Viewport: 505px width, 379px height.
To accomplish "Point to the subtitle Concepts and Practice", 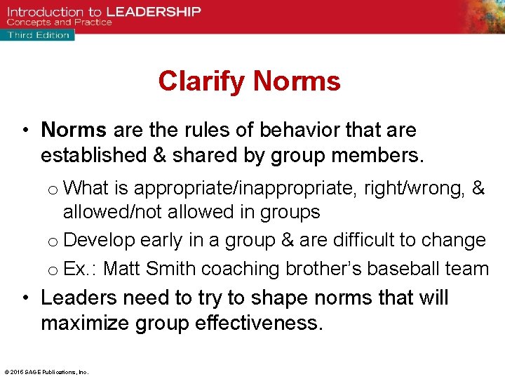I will click(x=60, y=22).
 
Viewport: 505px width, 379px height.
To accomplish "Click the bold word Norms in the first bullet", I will click(x=74, y=130).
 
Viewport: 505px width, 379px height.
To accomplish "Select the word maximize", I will click(x=86, y=323).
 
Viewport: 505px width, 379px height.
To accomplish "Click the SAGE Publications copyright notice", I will click(x=46, y=372).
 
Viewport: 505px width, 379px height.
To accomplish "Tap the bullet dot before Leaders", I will click(x=25, y=298).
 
